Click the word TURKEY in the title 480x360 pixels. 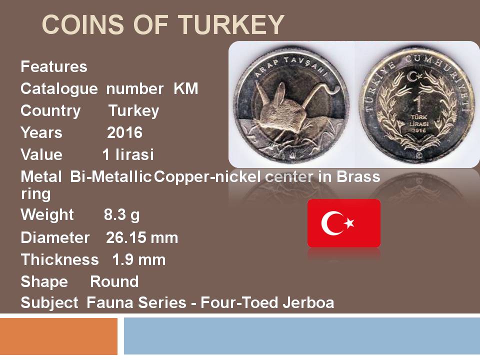231,24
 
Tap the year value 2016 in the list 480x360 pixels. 125,132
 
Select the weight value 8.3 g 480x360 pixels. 121,215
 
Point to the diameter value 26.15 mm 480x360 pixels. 142,238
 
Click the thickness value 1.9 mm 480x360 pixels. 139,260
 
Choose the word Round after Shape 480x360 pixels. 114,281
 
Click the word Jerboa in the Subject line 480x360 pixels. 308,303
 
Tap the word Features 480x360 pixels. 54,66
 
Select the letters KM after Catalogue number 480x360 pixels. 186,89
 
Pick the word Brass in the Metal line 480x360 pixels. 358,176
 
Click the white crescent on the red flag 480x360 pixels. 329,223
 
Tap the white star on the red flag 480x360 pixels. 349,223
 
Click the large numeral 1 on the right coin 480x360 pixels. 418,104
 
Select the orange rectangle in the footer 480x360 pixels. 59,336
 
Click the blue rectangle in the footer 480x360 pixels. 302,336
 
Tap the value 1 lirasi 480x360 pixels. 128,154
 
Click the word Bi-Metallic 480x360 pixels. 111,176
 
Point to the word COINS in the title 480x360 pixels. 83,24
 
